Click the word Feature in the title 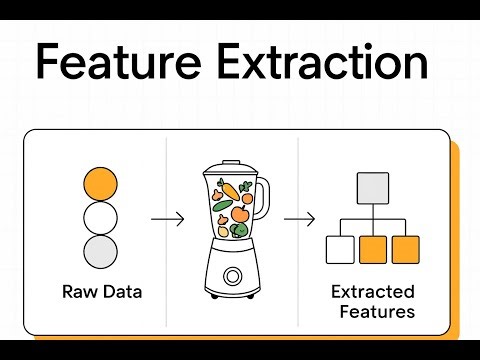click(x=117, y=63)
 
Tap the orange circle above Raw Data click(x=101, y=183)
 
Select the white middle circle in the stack click(x=101, y=216)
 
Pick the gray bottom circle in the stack click(x=101, y=250)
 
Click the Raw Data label click(x=101, y=292)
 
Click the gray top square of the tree click(x=373, y=188)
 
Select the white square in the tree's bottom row click(x=340, y=248)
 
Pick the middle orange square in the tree click(x=373, y=248)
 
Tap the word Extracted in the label click(x=373, y=293)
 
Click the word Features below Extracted click(x=374, y=312)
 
